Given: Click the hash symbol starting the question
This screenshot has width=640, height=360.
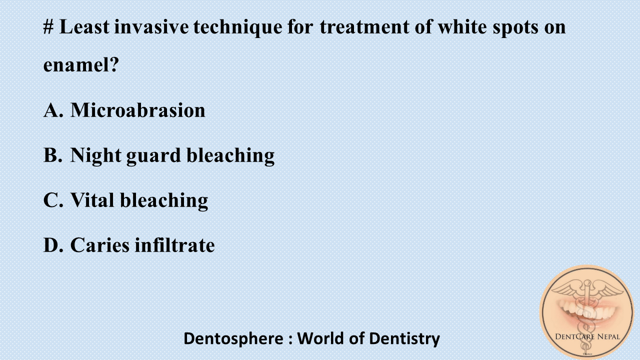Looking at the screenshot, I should pyautogui.click(x=48, y=26).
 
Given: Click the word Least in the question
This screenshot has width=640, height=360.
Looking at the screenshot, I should pyautogui.click(x=84, y=26).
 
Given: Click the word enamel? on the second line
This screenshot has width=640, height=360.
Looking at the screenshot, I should pyautogui.click(x=81, y=65).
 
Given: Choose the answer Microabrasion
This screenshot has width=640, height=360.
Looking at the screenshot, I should pyautogui.click(x=137, y=110).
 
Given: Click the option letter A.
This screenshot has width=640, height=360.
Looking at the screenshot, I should pyautogui.click(x=52, y=110).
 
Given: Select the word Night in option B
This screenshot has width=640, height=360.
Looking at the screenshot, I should pyautogui.click(x=95, y=155).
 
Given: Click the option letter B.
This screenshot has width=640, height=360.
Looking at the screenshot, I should pyautogui.click(x=52, y=155).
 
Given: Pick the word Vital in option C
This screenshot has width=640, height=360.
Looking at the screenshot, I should pyautogui.click(x=92, y=200).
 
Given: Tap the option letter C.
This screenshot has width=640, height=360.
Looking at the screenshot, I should pyautogui.click(x=52, y=200).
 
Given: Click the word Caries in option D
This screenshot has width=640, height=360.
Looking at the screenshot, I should pyautogui.click(x=99, y=245).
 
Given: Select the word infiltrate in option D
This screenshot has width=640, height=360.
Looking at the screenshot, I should pyautogui.click(x=175, y=245).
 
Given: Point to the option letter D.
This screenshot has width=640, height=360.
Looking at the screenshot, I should pyautogui.click(x=52, y=245).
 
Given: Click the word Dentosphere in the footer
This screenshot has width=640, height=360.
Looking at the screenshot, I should pyautogui.click(x=233, y=338).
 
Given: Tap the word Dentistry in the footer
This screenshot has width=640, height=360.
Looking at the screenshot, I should pyautogui.click(x=404, y=338).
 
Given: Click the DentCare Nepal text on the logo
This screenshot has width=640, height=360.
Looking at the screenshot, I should pyautogui.click(x=588, y=336).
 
